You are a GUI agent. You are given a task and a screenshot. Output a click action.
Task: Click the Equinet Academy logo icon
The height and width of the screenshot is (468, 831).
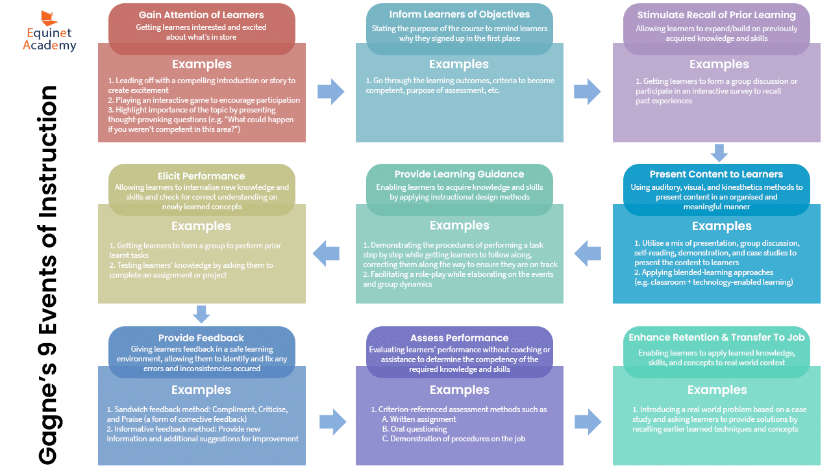coord(49,18)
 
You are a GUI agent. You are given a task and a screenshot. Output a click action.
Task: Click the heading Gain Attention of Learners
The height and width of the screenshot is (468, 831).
coord(201,15)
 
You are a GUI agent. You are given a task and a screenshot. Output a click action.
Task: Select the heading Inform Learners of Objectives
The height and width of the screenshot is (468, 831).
coord(460,14)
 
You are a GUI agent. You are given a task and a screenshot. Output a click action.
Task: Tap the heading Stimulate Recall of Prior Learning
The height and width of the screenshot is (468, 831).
coord(717,15)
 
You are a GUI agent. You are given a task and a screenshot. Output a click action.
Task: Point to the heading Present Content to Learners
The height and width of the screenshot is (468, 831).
coord(716,174)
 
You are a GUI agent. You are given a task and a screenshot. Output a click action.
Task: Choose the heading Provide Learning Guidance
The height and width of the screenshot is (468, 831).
coord(459,174)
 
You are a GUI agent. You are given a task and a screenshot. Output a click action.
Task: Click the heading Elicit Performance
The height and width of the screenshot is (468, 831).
coord(201,176)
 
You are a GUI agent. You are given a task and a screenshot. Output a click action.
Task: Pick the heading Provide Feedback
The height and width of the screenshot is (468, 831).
coord(201,338)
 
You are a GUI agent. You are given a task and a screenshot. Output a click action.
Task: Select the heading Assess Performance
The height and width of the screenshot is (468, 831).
coord(459,338)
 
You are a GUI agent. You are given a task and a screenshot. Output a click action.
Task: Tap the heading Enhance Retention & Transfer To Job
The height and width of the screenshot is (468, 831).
coord(717,337)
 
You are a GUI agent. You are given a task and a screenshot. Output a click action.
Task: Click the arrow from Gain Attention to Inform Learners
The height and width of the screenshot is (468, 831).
coord(331,92)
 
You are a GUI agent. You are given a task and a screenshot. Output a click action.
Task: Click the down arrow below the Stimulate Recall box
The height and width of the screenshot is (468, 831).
coord(719,153)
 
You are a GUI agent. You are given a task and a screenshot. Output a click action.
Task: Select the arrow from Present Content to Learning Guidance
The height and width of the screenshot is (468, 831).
coord(588,253)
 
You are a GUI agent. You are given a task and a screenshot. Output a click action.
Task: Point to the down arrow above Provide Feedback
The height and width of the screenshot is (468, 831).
coord(201,314)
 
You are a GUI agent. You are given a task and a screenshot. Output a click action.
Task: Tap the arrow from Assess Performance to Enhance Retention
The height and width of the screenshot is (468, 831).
coord(588,422)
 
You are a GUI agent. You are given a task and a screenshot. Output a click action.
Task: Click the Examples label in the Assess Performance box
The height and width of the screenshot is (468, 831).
coord(460,389)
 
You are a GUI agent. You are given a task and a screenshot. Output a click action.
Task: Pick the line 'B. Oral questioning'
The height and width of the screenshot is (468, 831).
coord(414,429)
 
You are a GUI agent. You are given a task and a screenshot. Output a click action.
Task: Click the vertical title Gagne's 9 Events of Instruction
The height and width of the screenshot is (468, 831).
coord(48,275)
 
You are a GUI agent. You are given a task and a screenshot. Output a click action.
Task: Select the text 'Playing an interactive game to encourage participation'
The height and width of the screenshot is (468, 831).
coord(208,100)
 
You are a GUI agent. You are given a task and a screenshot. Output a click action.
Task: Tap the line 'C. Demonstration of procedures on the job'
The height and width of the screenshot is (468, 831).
coord(454,439)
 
